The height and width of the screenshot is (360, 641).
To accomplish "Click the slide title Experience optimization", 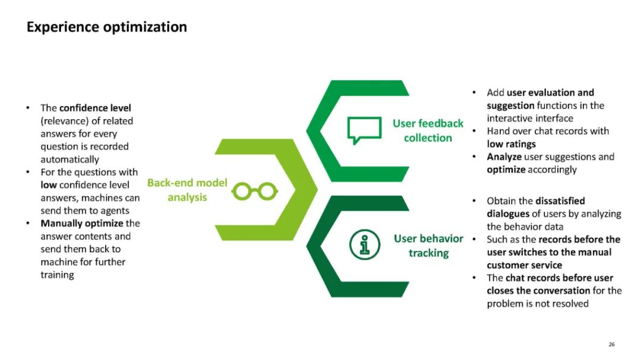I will (107, 27).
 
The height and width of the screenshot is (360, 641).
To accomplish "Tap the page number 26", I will (611, 344).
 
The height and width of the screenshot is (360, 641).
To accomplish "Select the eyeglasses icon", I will (255, 190).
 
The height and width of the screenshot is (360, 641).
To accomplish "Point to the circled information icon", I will (364, 245).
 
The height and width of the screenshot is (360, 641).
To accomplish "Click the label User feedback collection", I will (428, 130).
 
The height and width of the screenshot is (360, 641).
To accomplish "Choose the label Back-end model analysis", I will (187, 190).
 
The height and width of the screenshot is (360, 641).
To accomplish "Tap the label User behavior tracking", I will (429, 246).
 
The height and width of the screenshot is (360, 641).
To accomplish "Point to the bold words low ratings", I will (511, 144).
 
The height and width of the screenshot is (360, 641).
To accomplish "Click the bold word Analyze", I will (504, 157).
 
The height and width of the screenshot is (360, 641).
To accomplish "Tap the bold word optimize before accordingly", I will (506, 170).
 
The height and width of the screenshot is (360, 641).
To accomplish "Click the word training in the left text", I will (57, 275).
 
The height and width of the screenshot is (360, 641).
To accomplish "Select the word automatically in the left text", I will (70, 160).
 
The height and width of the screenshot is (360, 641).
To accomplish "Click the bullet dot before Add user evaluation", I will (474, 93).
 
